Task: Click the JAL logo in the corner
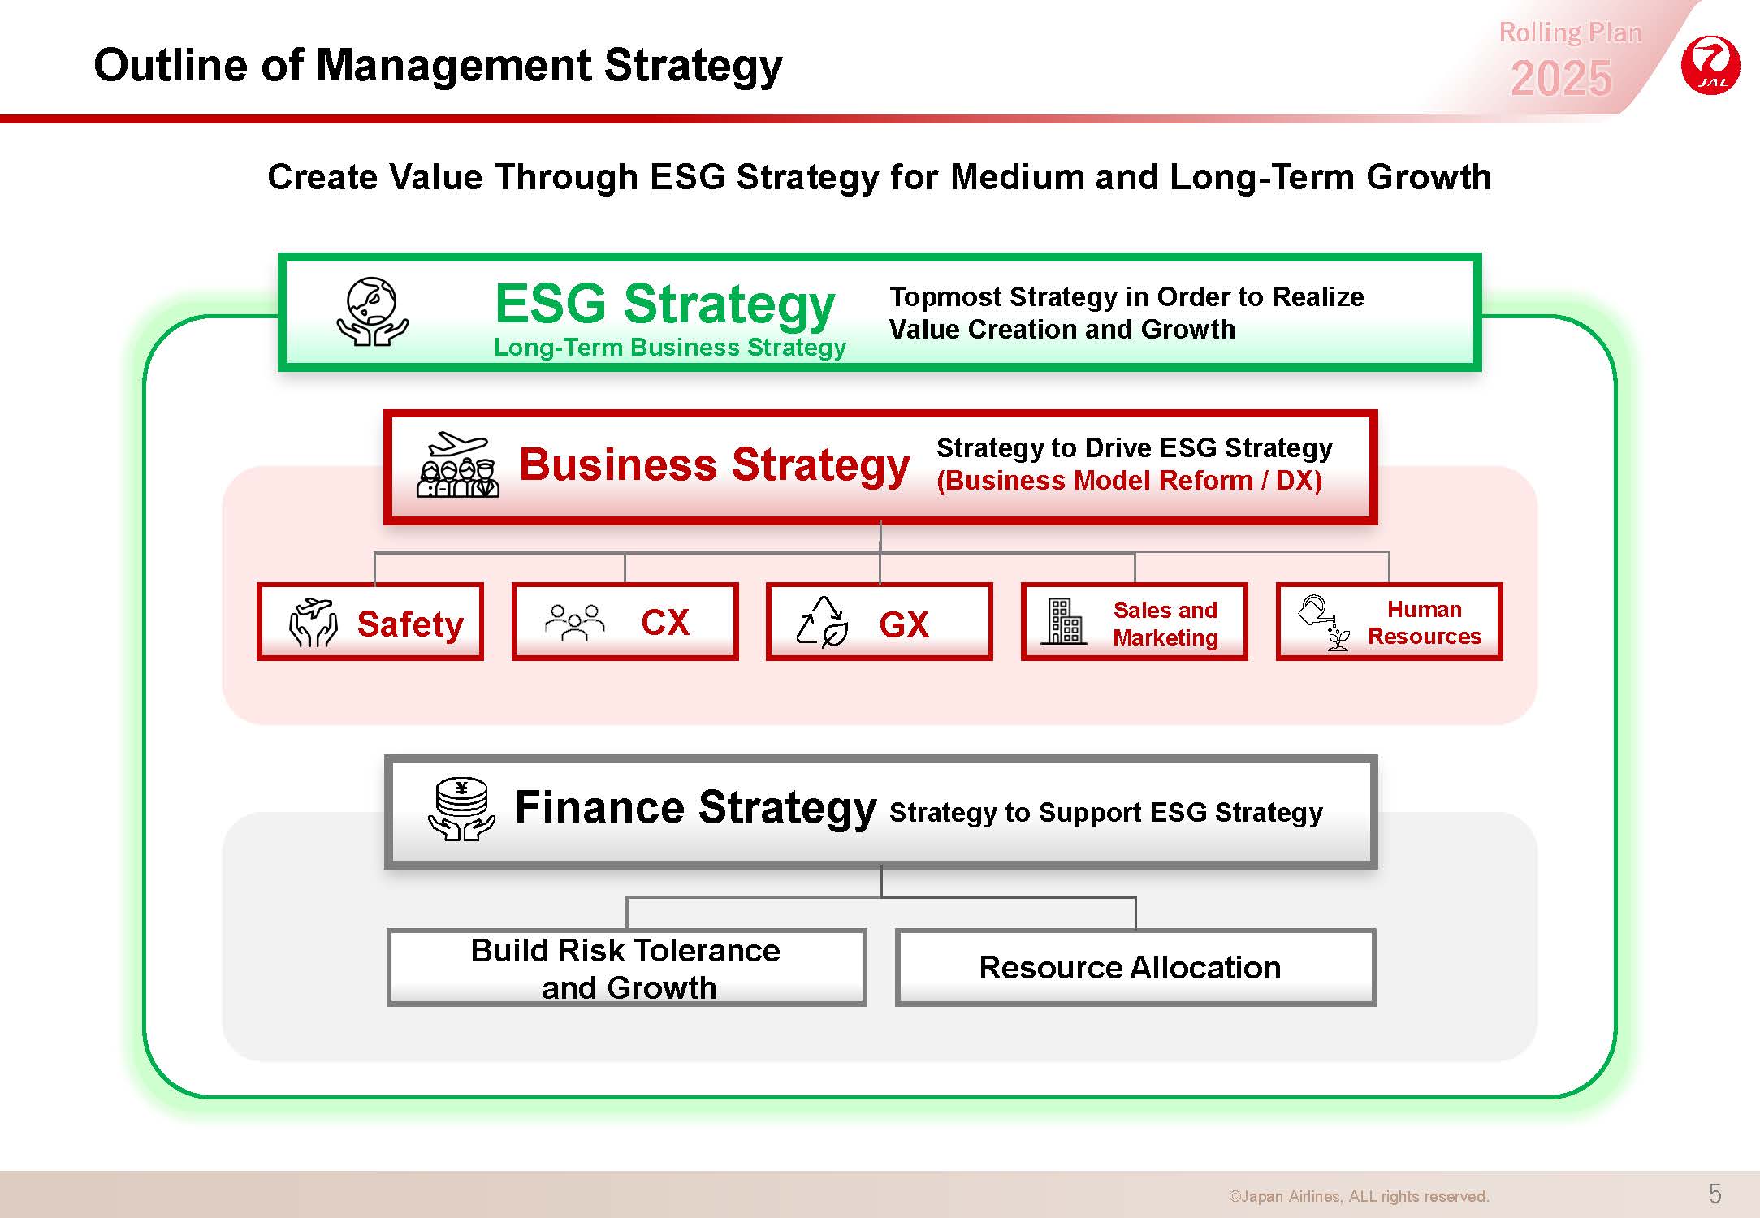click(1710, 65)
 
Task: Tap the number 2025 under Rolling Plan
click(1561, 79)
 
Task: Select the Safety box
click(370, 622)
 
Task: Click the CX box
click(625, 622)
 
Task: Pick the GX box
click(880, 622)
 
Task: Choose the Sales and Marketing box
click(1135, 622)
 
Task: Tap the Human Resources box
click(1390, 622)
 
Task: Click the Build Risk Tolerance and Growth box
click(627, 968)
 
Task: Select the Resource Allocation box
click(1135, 968)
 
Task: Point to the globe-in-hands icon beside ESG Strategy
click(373, 313)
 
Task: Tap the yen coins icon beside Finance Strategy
click(461, 810)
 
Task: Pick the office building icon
click(1064, 621)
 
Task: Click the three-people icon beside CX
click(575, 623)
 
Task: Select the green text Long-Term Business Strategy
click(670, 348)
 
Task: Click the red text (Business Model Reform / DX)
click(1129, 481)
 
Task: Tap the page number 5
click(1715, 1194)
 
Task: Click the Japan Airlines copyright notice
click(1359, 1196)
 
